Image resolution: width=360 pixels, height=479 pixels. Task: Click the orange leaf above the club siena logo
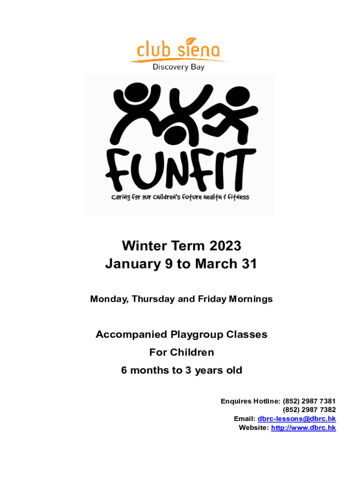(x=191, y=41)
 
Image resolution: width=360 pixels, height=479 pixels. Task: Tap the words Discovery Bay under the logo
(x=179, y=67)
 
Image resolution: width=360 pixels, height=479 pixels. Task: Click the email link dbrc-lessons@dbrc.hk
(x=296, y=419)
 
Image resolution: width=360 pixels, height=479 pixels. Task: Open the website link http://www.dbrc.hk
(x=303, y=428)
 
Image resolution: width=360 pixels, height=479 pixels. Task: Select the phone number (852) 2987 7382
(x=309, y=410)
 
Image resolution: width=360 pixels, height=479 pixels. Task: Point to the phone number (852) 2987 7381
(x=309, y=401)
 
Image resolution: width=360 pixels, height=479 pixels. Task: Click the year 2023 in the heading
(x=225, y=246)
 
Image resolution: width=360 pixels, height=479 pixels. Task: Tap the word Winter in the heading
(x=145, y=246)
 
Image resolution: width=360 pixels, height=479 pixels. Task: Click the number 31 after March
(x=249, y=264)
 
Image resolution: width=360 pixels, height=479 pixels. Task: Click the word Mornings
(x=251, y=299)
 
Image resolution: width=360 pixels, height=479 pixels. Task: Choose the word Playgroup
(x=197, y=335)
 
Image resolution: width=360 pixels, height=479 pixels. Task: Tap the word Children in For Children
(x=192, y=352)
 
